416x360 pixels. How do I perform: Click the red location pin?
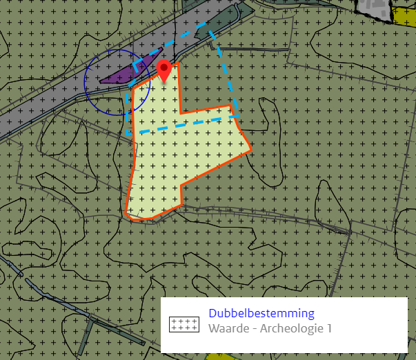(164, 69)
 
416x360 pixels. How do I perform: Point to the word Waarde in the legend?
(228, 328)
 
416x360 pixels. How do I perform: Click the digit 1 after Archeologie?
(328, 328)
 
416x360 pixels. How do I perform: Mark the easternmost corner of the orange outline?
(250, 148)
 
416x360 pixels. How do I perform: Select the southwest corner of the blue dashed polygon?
(127, 135)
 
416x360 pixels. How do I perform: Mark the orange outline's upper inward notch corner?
(181, 112)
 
